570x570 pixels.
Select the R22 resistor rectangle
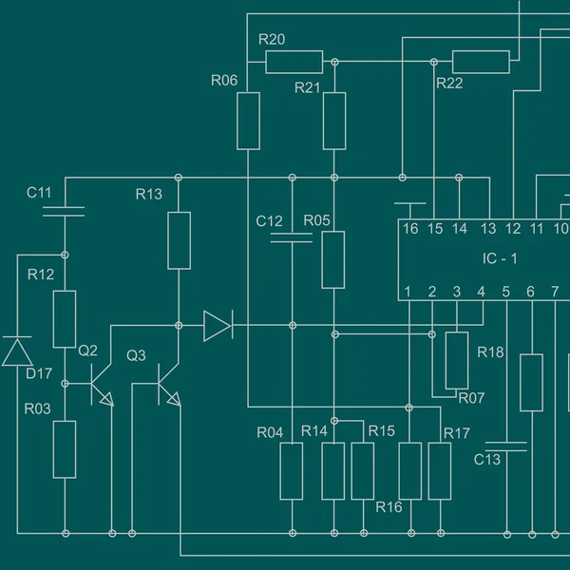[481, 62]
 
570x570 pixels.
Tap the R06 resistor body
[248, 121]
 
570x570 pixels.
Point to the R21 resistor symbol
[333, 121]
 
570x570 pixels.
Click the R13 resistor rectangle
[179, 240]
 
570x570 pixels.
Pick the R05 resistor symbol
[332, 259]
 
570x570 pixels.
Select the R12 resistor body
[65, 319]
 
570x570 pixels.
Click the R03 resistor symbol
[65, 449]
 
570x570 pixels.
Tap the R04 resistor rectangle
[292, 471]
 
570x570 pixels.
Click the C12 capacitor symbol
[292, 238]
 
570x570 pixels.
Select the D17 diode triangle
[16, 351]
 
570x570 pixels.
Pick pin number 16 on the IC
[409, 229]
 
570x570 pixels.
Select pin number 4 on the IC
[481, 291]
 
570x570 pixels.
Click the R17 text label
[457, 433]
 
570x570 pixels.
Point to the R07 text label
[471, 398]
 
